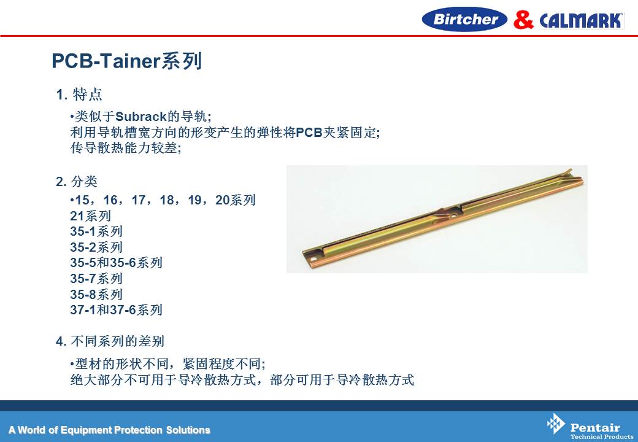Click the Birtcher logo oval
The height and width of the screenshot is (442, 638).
[464, 19]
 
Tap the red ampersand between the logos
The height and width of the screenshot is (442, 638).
[523, 20]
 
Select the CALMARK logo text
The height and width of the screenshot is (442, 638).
[582, 20]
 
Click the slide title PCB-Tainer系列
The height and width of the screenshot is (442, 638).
[126, 61]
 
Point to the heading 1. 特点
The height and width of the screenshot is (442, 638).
[79, 95]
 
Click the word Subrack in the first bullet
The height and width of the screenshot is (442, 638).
[141, 117]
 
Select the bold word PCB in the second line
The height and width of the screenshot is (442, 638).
[309, 132]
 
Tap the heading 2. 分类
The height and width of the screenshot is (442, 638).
[77, 181]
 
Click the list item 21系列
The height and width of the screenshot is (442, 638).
[90, 215]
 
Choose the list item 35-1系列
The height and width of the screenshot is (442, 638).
[96, 231]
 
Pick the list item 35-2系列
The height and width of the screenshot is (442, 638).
[96, 247]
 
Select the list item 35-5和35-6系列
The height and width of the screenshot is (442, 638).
[116, 263]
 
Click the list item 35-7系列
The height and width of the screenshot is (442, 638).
[96, 278]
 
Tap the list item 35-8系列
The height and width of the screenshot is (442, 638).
[96, 294]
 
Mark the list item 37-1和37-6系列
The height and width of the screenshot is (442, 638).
[116, 310]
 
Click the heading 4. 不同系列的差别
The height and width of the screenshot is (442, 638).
[110, 341]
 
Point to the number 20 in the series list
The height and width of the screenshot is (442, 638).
[223, 200]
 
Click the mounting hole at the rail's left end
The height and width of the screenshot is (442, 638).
[313, 258]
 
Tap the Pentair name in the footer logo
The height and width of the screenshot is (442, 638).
[595, 427]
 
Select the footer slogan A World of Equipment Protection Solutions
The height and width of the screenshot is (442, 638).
[109, 430]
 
